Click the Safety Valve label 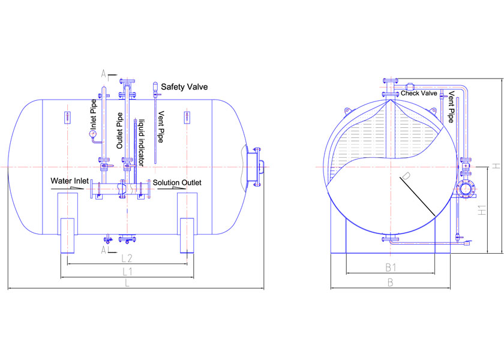[184, 87]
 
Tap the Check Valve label [419, 93]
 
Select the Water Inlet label [70, 181]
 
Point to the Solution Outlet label [177, 182]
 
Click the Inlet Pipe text [93, 115]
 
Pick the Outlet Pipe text [119, 131]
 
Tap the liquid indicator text [142, 143]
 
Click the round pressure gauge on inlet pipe [93, 133]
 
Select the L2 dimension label [127, 258]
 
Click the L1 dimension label [127, 272]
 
